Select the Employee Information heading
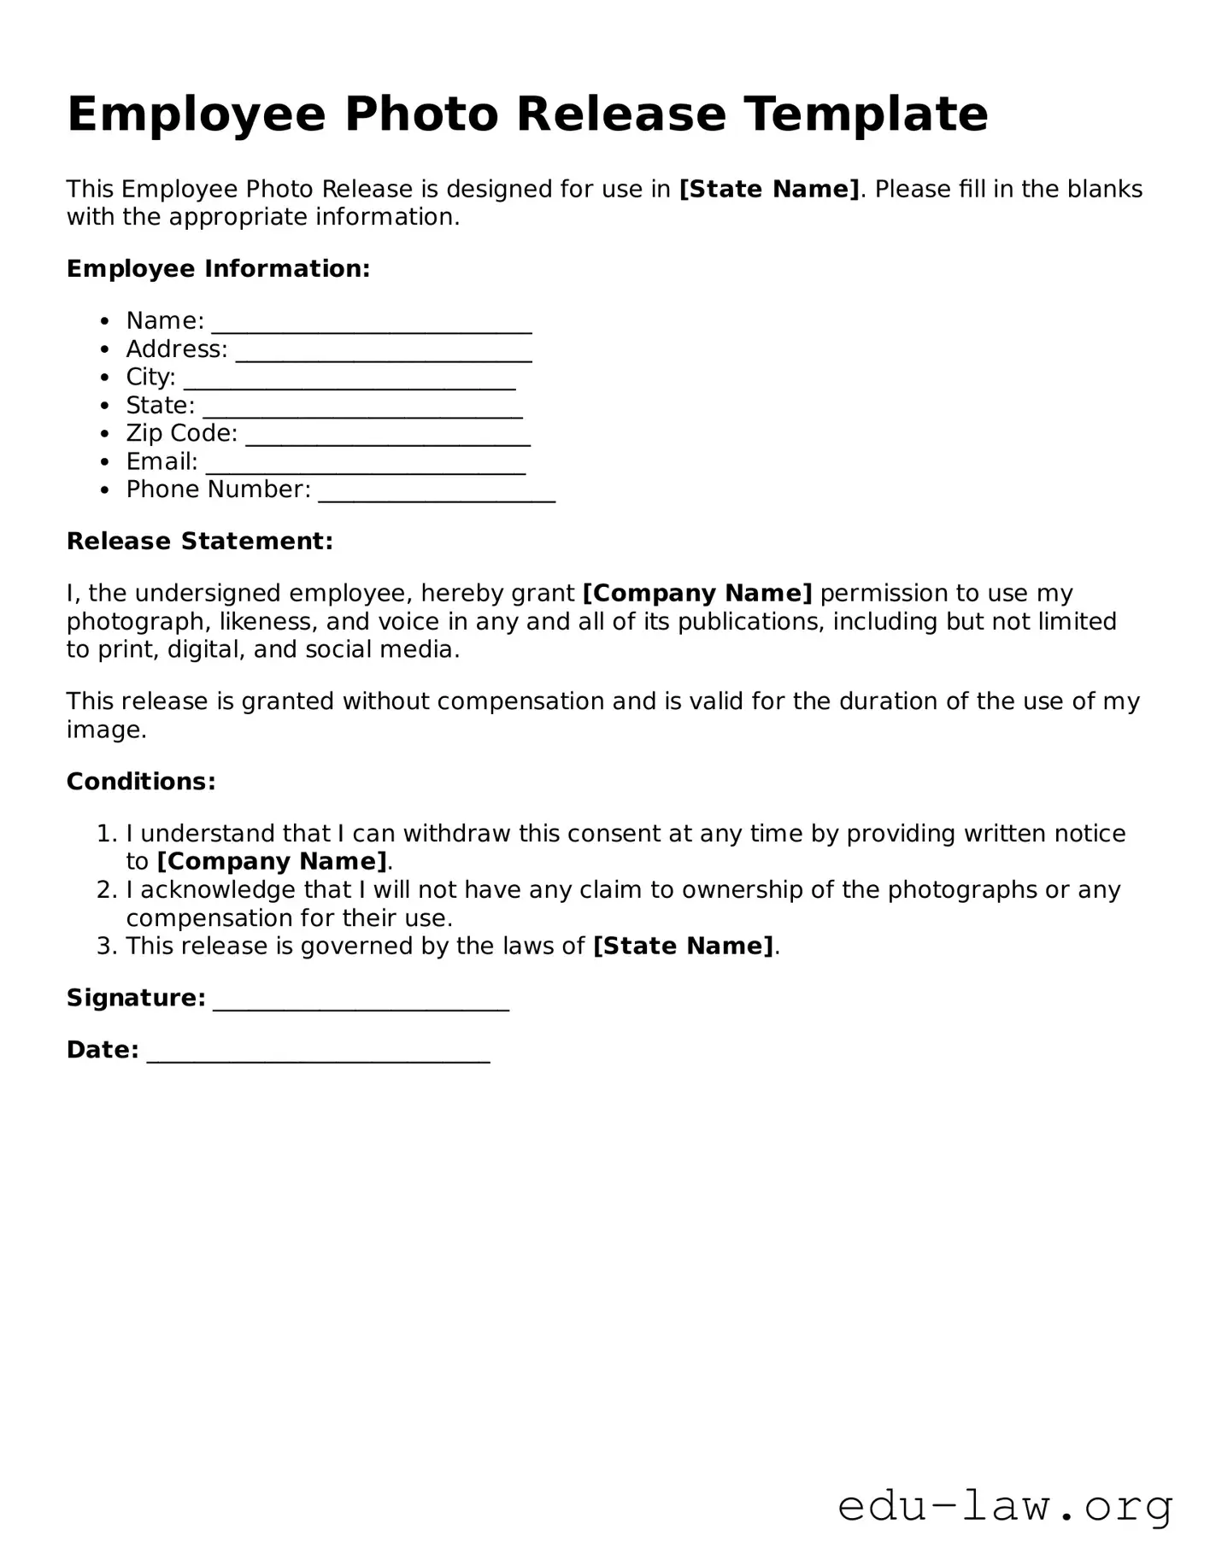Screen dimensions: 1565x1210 218,269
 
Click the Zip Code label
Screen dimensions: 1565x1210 181,433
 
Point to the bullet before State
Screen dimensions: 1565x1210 104,406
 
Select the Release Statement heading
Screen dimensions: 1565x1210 199,542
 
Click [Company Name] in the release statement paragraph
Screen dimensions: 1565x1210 697,593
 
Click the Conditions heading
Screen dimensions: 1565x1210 141,782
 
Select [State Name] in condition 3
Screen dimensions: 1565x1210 683,947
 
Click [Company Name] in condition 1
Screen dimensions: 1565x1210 272,861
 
